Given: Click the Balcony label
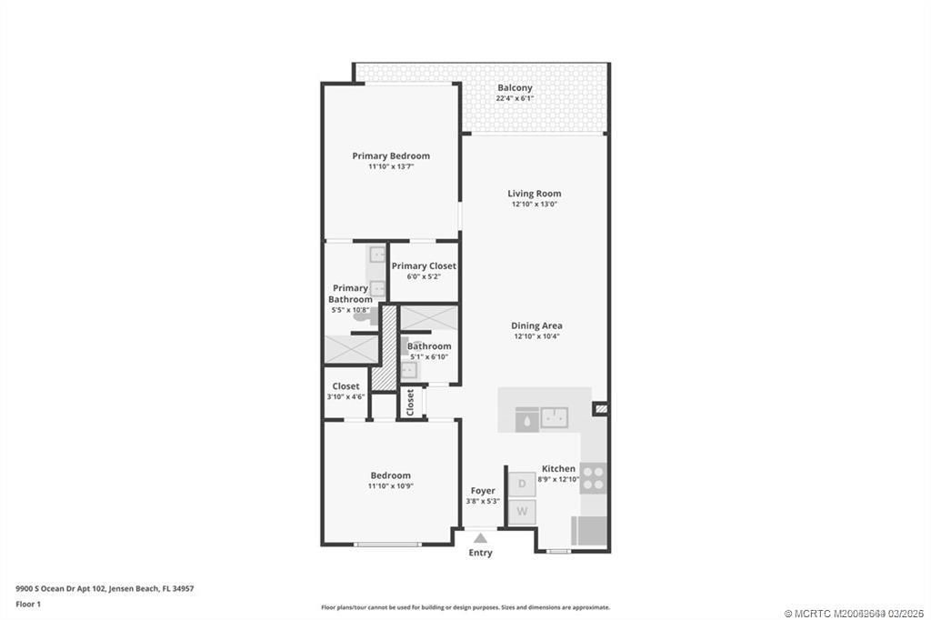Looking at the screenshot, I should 515,87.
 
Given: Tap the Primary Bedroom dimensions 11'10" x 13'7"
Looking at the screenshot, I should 391,167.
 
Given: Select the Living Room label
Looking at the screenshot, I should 534,193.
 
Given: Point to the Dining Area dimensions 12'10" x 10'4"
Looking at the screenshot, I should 536,336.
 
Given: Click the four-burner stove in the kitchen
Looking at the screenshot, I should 593,477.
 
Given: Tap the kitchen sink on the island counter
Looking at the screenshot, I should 554,418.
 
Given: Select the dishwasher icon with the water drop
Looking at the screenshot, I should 526,418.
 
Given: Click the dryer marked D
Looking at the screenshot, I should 522,484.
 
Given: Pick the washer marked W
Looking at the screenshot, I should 522,512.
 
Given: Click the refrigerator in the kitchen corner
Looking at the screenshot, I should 588,530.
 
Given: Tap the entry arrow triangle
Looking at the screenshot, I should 480,538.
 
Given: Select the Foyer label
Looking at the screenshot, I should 483,491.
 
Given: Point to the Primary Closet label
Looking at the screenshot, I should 424,265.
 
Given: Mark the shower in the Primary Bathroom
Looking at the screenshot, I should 350,349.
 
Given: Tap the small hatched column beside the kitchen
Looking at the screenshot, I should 600,410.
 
